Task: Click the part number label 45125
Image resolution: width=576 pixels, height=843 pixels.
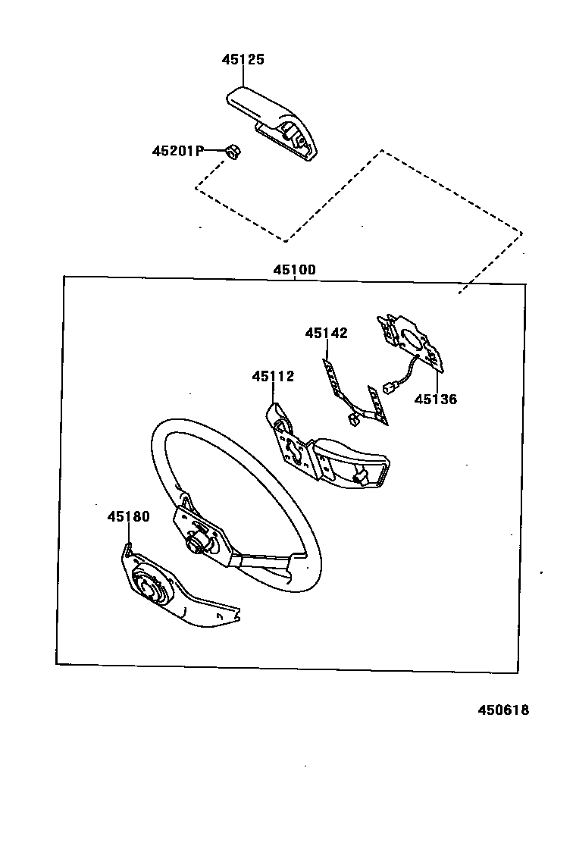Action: tap(243, 60)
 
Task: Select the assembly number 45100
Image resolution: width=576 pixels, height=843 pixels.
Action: tap(295, 270)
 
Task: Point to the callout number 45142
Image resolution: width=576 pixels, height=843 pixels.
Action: tap(327, 333)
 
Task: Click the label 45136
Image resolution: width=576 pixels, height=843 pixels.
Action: tap(436, 400)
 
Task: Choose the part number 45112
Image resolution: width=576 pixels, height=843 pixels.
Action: tap(273, 376)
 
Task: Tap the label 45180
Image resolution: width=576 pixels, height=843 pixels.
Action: tap(128, 517)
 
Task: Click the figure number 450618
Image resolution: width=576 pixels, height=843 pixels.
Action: tap(503, 710)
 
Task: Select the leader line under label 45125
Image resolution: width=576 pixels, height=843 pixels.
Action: tap(244, 76)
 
